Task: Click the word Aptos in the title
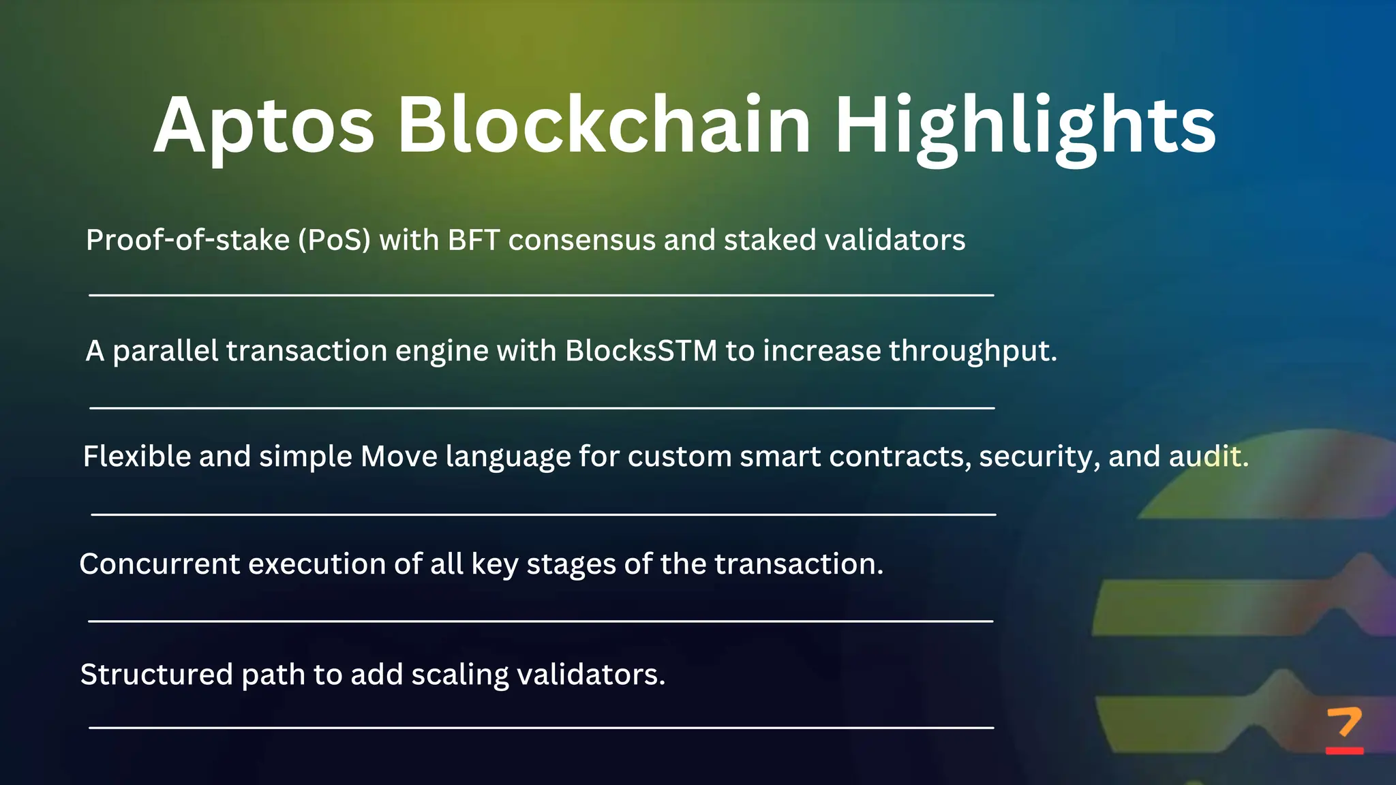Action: (264, 126)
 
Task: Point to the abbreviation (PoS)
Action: (334, 241)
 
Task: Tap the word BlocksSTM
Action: (641, 351)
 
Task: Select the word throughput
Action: (972, 352)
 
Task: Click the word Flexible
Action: (136, 457)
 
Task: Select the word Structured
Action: (156, 675)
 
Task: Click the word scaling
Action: (459, 675)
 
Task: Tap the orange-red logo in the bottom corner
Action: (1344, 730)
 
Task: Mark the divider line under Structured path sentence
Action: (541, 728)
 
